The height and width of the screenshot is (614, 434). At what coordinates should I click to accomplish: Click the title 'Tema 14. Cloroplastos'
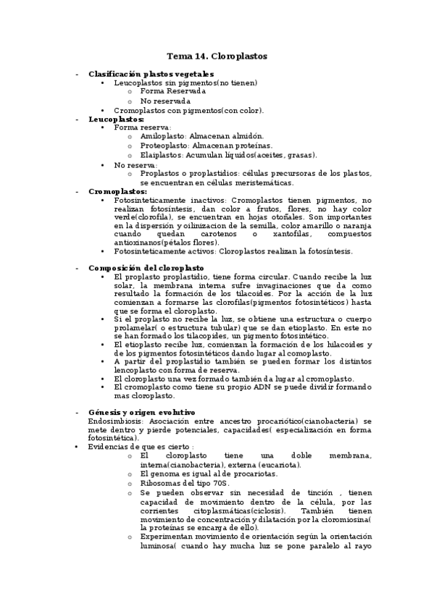coord(217,56)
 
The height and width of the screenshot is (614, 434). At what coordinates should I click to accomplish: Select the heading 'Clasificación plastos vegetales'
coord(151,74)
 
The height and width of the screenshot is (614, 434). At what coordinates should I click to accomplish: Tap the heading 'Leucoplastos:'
coord(116,118)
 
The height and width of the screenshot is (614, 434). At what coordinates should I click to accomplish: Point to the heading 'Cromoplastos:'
coord(117,191)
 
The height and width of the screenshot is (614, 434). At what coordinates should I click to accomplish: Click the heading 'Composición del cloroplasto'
coord(146,267)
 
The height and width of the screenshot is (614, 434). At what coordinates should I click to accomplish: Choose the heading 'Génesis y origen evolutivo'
coord(141,412)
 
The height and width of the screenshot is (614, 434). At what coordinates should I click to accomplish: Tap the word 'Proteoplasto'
coord(160,145)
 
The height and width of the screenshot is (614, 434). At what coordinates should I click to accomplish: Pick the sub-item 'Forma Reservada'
coord(172,91)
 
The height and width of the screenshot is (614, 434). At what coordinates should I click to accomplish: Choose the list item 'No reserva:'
coord(135,165)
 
